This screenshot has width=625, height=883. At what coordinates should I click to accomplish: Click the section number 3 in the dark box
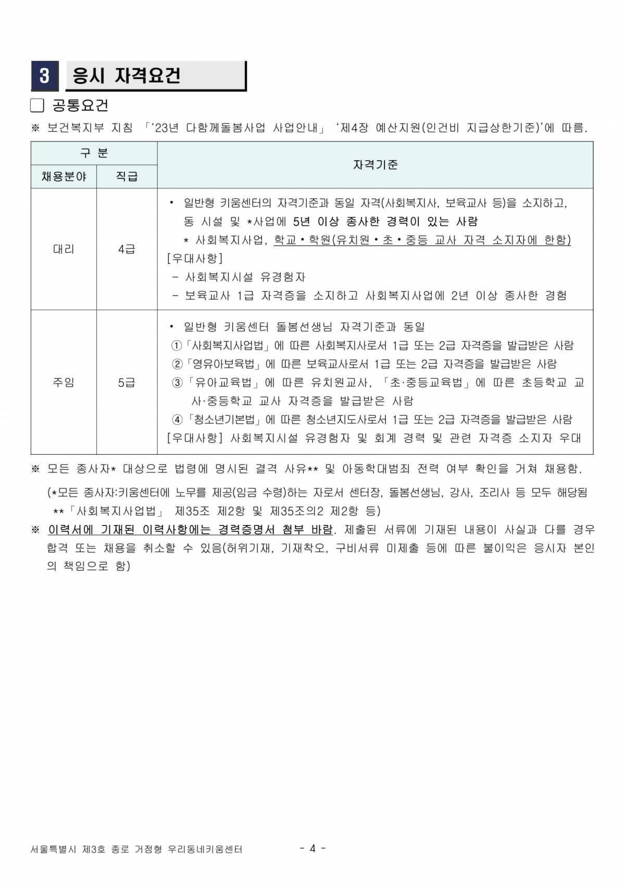pyautogui.click(x=44, y=76)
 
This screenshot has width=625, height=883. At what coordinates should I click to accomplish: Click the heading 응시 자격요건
pyautogui.click(x=127, y=76)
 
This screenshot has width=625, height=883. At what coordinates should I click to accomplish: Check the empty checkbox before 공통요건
pyautogui.click(x=37, y=106)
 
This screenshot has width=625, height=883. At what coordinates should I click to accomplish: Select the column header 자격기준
pyautogui.click(x=375, y=165)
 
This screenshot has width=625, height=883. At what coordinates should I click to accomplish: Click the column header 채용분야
pyautogui.click(x=64, y=177)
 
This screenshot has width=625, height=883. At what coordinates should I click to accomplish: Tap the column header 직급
pyautogui.click(x=127, y=177)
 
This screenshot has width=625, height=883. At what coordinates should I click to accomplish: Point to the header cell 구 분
pyautogui.click(x=94, y=153)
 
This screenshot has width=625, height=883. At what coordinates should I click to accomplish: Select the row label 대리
pyautogui.click(x=64, y=249)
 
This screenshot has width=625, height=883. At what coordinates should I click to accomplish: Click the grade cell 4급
pyautogui.click(x=127, y=249)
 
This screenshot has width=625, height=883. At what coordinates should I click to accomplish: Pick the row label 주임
pyautogui.click(x=64, y=382)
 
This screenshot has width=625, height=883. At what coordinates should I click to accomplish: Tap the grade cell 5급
pyautogui.click(x=127, y=382)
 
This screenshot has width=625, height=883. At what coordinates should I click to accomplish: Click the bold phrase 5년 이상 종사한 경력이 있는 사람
pyautogui.click(x=385, y=222)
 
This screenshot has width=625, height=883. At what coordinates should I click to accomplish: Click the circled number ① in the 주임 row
pyautogui.click(x=177, y=345)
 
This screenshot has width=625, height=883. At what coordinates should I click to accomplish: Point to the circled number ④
pyautogui.click(x=177, y=419)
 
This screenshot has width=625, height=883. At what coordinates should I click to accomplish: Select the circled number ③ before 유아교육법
pyautogui.click(x=177, y=383)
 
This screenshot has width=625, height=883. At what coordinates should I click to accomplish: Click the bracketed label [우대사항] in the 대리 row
pyautogui.click(x=194, y=259)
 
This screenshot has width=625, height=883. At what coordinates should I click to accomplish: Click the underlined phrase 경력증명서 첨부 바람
pyautogui.click(x=275, y=530)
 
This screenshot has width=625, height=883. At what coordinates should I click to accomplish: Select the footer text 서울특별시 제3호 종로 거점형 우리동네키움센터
pyautogui.click(x=136, y=849)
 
